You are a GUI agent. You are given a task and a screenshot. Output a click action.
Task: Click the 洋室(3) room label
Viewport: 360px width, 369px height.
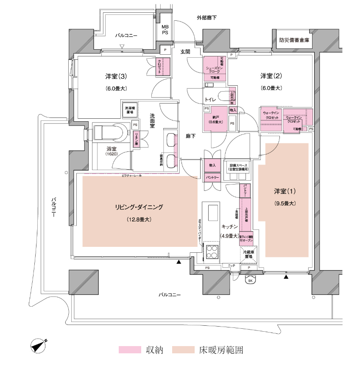click(116, 77)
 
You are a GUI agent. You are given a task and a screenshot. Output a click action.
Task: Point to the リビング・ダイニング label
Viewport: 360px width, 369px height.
click(139, 207)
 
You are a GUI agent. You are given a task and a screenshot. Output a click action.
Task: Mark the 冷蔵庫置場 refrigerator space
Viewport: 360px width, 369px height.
click(248, 254)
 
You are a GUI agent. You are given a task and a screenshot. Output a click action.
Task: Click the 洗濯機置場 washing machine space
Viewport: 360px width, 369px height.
click(130, 109)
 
